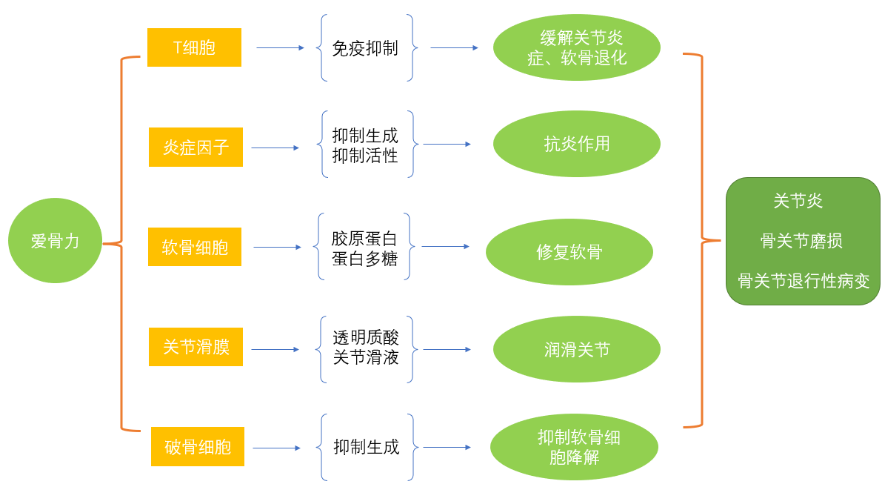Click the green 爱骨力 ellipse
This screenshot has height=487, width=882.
coord(55,240)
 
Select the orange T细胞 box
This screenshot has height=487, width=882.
coord(194,47)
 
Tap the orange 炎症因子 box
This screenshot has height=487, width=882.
coord(196,147)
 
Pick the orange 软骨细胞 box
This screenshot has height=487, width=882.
coord(195,247)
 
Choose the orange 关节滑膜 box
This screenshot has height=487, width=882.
coord(196,347)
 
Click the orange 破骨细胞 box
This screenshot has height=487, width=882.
coord(198,446)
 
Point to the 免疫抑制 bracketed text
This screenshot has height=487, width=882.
coord(365,48)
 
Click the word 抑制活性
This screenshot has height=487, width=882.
coord(365,156)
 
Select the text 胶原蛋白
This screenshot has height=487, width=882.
coord(364,239)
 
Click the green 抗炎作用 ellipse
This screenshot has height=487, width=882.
coord(576,144)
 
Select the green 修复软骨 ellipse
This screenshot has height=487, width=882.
coord(569,252)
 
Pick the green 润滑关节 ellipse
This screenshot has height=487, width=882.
coord(576,349)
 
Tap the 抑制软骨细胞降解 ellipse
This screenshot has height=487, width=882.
coord(574,447)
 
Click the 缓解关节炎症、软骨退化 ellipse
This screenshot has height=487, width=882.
coord(576,47)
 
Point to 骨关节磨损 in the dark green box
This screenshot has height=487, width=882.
coord(801,241)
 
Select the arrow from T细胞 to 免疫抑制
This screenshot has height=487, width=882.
coord(280,47)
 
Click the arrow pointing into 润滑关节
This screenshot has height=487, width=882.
coord(447,349)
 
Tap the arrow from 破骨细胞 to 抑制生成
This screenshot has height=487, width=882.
coord(276,448)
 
